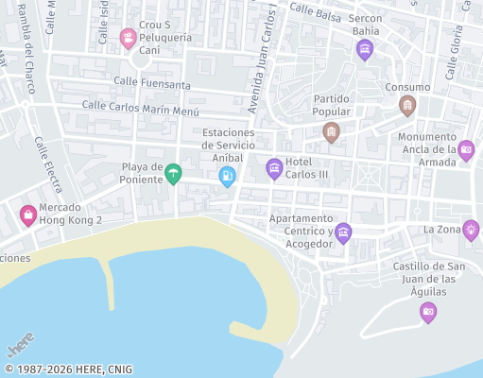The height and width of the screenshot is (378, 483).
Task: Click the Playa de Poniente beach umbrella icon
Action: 173,175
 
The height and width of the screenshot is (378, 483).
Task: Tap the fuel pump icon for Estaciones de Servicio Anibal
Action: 227,176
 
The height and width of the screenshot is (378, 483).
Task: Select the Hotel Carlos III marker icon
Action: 274,169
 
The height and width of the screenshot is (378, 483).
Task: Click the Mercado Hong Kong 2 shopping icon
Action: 28,215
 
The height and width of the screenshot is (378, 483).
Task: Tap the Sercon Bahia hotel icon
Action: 365,50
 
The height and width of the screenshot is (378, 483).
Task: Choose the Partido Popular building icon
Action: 331,132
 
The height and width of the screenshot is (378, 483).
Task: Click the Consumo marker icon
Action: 407,105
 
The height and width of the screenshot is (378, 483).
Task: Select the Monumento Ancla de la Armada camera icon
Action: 466,149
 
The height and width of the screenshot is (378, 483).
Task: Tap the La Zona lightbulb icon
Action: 471,230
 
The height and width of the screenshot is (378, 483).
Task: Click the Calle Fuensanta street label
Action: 152,83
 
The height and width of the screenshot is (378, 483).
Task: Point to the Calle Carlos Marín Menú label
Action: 141,108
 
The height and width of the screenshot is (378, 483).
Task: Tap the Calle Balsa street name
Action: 315,10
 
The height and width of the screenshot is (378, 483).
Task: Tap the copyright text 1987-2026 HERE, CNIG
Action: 68,369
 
